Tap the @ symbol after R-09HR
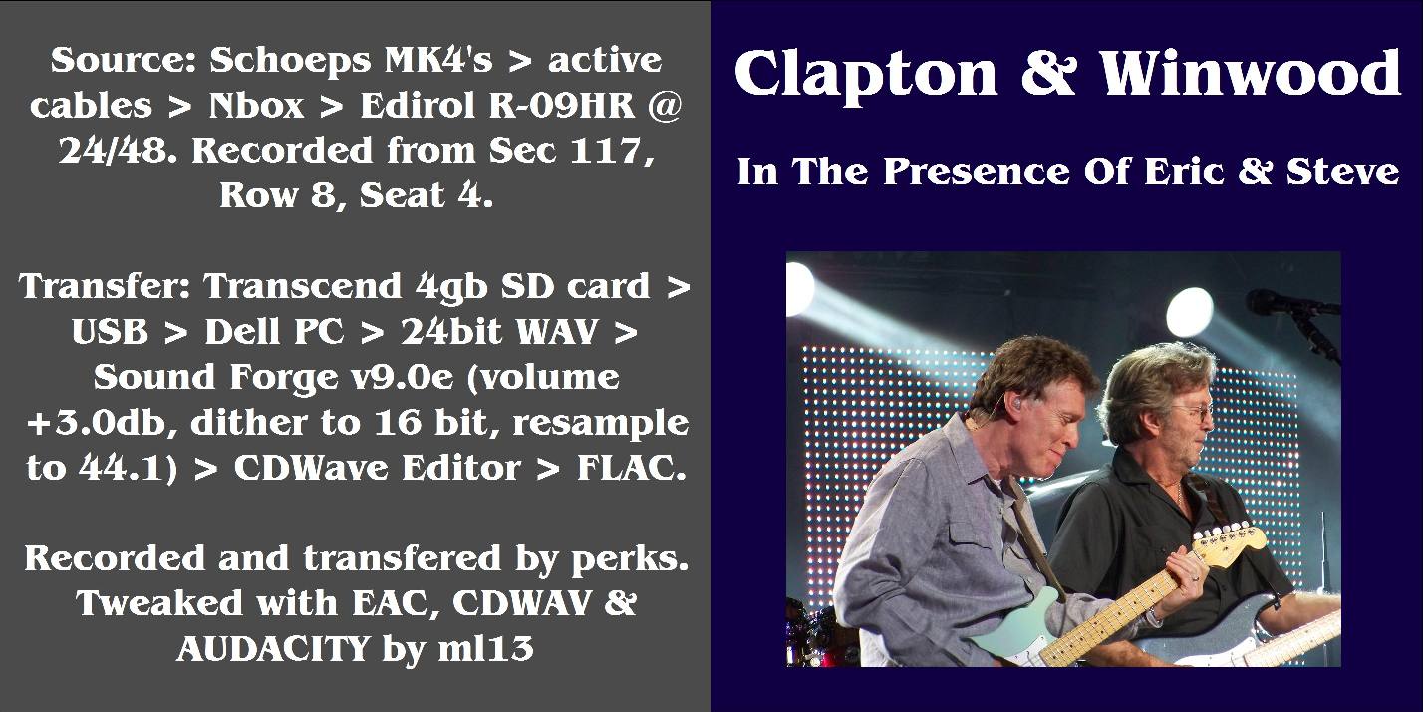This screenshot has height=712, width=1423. click(665, 106)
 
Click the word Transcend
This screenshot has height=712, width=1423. click(303, 286)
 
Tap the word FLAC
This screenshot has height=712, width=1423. click(632, 468)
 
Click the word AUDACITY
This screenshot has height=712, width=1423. click(273, 649)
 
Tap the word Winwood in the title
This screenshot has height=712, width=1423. click(1250, 73)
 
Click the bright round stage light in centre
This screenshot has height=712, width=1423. click(1189, 312)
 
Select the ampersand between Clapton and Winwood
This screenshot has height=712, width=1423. click(1048, 73)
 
